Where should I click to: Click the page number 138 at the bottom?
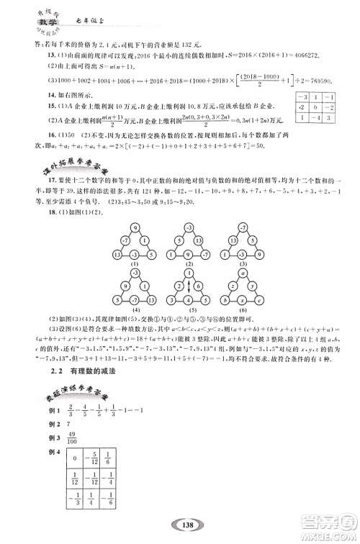coord(179,527)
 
